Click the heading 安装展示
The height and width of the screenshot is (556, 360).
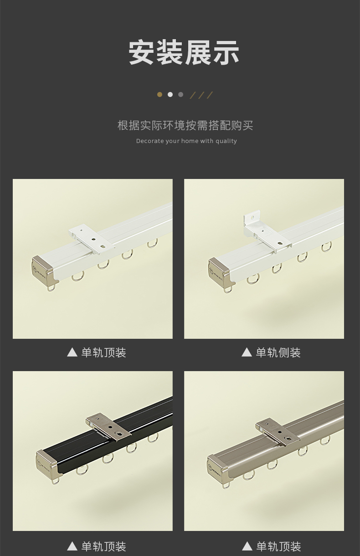(184, 52)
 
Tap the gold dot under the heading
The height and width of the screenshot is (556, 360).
(160, 95)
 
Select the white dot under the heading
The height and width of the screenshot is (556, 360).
(170, 95)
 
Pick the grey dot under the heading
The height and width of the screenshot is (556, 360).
(180, 95)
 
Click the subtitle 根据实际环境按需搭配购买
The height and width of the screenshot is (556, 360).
(185, 125)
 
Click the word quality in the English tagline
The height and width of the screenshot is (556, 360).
(226, 141)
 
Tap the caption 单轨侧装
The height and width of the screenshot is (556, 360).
(278, 352)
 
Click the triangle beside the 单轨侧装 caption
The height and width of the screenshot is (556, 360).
(247, 352)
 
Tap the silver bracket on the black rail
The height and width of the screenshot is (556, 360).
(108, 427)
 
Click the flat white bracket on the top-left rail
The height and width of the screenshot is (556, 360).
(92, 239)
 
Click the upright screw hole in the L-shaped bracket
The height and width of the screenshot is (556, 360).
(252, 217)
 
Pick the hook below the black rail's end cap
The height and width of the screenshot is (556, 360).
(56, 481)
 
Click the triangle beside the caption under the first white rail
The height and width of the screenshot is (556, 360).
(72, 352)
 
